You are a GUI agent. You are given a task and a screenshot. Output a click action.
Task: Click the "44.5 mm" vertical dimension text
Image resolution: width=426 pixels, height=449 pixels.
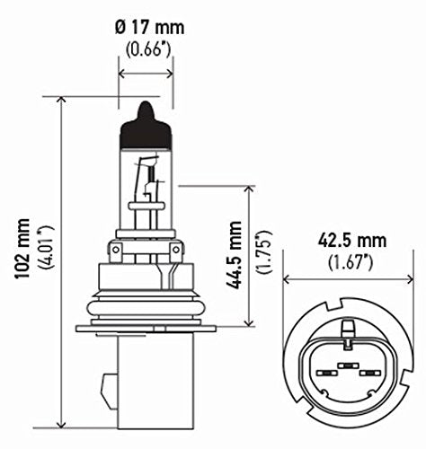point(231,254)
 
